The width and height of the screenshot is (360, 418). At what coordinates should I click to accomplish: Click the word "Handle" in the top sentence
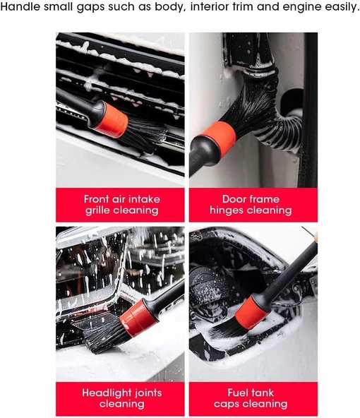(20, 7)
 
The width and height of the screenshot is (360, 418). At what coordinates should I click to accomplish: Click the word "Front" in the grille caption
(96, 199)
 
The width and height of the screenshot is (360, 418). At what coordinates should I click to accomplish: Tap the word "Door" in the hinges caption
(234, 199)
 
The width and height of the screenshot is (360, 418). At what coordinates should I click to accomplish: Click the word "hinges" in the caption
(227, 210)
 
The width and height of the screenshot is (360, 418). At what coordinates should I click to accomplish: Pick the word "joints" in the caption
(148, 393)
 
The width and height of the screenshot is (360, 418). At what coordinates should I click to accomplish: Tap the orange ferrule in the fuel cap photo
(251, 313)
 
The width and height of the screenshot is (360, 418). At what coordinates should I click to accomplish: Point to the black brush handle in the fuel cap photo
(288, 275)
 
